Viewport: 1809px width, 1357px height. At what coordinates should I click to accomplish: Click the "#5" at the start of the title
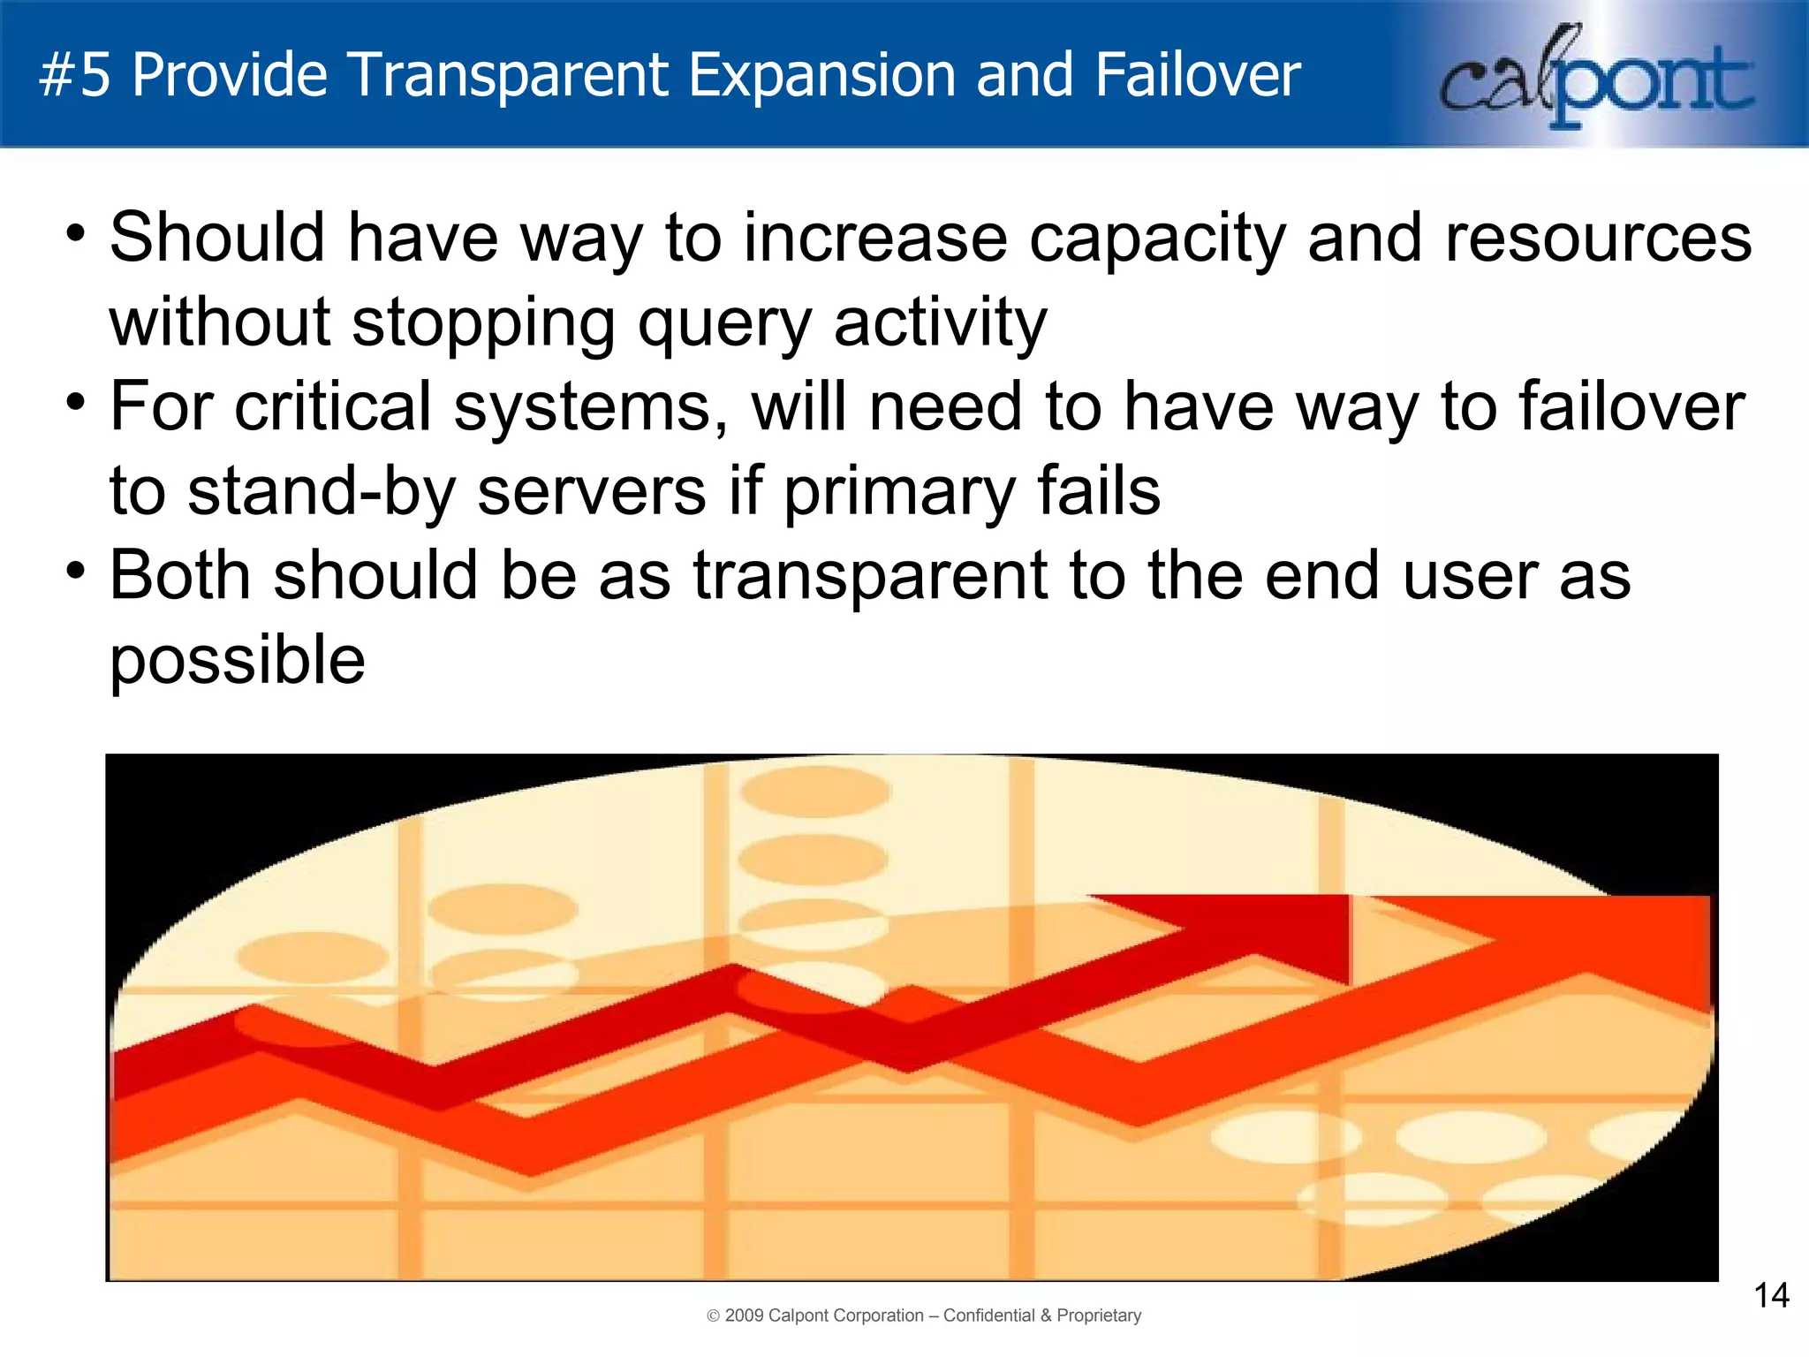[x=75, y=75]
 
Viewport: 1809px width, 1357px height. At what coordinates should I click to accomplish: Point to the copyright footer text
[x=924, y=1315]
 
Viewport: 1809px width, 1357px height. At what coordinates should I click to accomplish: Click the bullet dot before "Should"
[x=76, y=235]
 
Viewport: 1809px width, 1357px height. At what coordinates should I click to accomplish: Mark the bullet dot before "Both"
[x=76, y=571]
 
